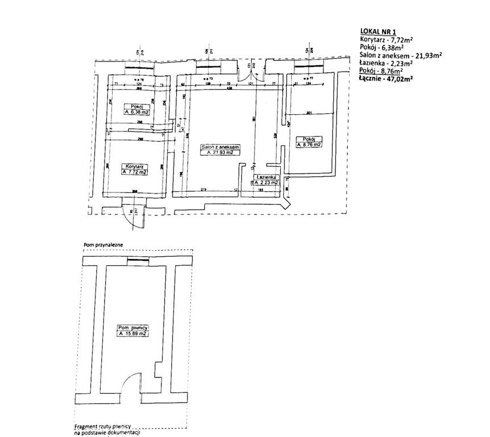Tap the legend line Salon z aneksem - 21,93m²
click(x=401, y=55)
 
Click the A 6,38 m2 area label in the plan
click(x=137, y=113)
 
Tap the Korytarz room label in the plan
click(x=134, y=166)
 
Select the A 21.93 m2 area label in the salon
click(x=221, y=153)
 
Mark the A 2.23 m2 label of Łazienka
click(x=265, y=183)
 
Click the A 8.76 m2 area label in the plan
click(x=309, y=145)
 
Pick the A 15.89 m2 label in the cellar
click(x=133, y=334)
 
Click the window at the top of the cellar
click(x=137, y=261)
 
